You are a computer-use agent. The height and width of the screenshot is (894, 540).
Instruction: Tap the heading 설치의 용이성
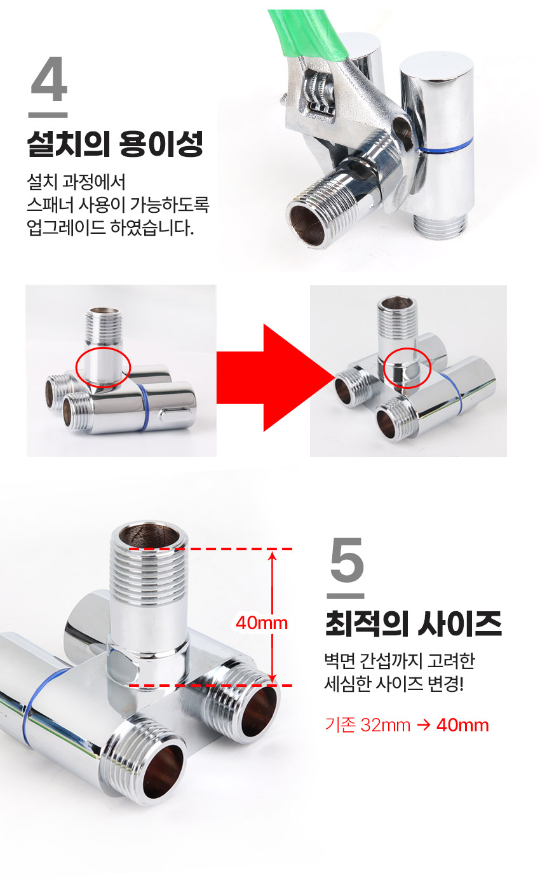pos(114,144)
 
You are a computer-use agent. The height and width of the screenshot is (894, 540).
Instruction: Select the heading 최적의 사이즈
pos(413,624)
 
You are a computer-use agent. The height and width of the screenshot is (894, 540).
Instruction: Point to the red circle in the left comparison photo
pos(103,367)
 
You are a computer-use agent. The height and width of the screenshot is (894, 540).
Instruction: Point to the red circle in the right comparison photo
pos(408,369)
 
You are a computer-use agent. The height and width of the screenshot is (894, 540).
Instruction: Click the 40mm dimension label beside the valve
pos(261,623)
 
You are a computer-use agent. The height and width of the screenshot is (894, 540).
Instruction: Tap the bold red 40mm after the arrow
pos(462,725)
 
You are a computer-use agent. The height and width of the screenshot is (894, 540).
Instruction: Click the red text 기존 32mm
pos(367,725)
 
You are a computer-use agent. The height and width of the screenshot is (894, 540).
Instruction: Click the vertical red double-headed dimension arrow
pos(273,617)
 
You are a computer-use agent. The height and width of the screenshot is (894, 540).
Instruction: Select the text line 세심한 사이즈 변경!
pos(394,685)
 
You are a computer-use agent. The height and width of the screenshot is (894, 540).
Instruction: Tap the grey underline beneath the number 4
pos(48,115)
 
